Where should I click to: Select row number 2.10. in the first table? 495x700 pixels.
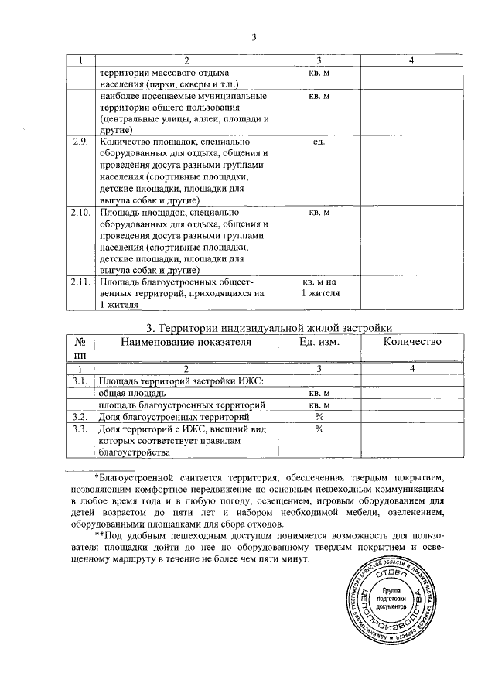(80, 212)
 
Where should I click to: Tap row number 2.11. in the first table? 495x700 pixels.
(80, 282)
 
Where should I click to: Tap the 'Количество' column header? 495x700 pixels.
(411, 342)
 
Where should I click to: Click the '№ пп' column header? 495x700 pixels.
(80, 348)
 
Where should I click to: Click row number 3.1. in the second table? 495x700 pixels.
(80, 381)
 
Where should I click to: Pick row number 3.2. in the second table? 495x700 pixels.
(80, 417)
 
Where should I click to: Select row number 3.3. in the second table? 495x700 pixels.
(80, 429)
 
